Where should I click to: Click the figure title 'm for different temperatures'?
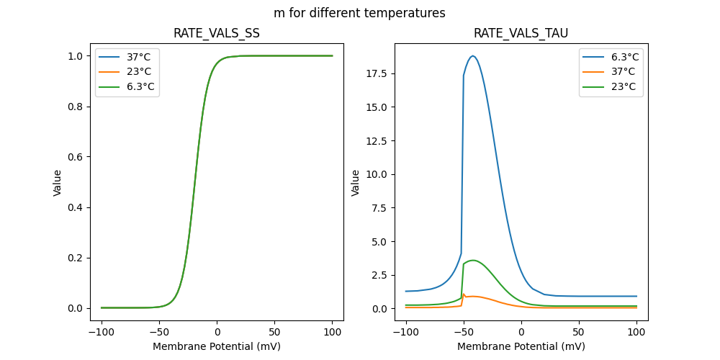click(359, 13)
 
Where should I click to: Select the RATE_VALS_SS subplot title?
click(217, 33)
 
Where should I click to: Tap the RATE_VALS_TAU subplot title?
click(521, 33)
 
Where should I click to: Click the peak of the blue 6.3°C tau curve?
click(473, 56)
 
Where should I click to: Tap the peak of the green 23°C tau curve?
click(473, 260)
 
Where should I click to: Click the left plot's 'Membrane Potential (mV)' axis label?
click(217, 346)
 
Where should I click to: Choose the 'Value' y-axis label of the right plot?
click(355, 182)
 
